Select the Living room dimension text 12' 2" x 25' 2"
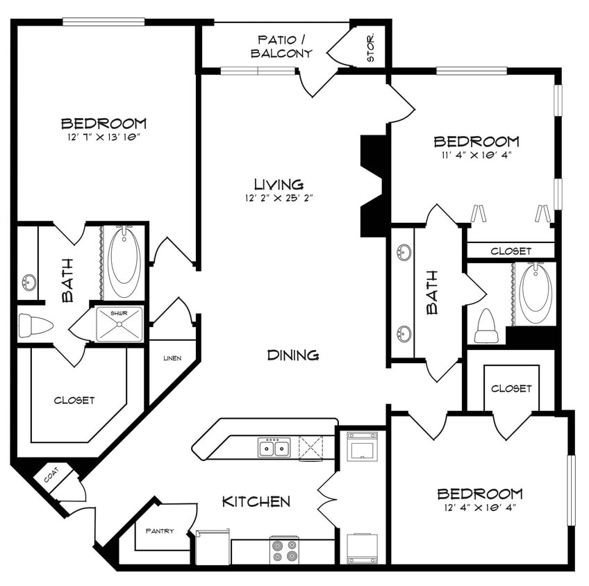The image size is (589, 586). click(279, 198)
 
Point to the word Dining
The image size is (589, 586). click(293, 355)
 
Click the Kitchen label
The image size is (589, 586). click(256, 501)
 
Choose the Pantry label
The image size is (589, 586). click(159, 531)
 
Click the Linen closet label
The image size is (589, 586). click(172, 358)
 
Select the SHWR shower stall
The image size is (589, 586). click(119, 324)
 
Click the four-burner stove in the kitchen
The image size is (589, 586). click(284, 551)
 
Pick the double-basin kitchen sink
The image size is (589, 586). click(274, 448)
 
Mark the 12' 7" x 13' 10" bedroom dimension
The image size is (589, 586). click(104, 137)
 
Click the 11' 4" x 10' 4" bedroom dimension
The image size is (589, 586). click(476, 156)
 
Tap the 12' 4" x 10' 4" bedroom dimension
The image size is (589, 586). click(479, 508)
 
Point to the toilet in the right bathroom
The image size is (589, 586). click(486, 328)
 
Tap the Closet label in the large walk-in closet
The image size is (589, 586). click(74, 401)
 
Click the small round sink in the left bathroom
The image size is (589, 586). click(28, 283)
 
